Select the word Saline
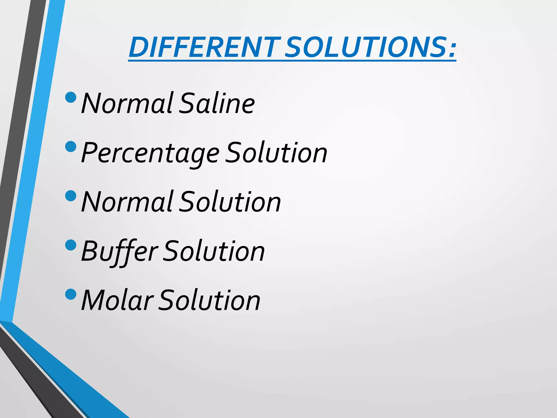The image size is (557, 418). point(217,103)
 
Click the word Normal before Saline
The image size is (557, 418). point(127,103)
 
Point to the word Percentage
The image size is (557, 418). point(150,153)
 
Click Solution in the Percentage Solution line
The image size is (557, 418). point(277,153)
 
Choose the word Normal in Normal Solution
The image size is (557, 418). point(127,202)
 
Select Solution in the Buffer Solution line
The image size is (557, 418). point(214,251)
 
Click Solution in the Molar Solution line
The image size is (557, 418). point(209,300)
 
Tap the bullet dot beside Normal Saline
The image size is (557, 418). point(71,97)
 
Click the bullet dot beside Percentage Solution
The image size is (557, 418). point(71,146)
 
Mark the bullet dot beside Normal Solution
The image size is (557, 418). point(71,196)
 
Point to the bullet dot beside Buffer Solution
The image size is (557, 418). point(71,245)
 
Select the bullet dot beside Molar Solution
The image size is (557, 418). point(71,294)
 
